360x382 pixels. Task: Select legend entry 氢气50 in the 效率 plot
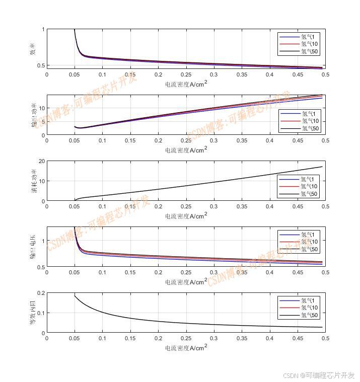click(310, 51)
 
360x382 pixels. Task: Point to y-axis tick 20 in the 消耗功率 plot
click(41, 162)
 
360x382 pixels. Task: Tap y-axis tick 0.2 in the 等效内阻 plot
click(40, 293)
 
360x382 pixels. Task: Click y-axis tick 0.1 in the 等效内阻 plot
click(40, 313)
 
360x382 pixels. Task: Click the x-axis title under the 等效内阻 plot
click(186, 347)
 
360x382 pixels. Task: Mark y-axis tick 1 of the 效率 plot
click(43, 30)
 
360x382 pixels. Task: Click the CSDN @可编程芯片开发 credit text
click(318, 375)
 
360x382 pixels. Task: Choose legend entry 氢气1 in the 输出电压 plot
click(308, 235)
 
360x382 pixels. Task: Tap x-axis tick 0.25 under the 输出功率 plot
click(186, 141)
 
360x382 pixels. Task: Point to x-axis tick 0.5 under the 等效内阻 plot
click(325, 339)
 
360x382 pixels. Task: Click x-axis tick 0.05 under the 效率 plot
click(75, 75)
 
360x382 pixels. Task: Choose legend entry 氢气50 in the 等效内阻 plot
click(310, 316)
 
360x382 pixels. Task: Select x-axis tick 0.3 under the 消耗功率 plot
click(213, 207)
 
